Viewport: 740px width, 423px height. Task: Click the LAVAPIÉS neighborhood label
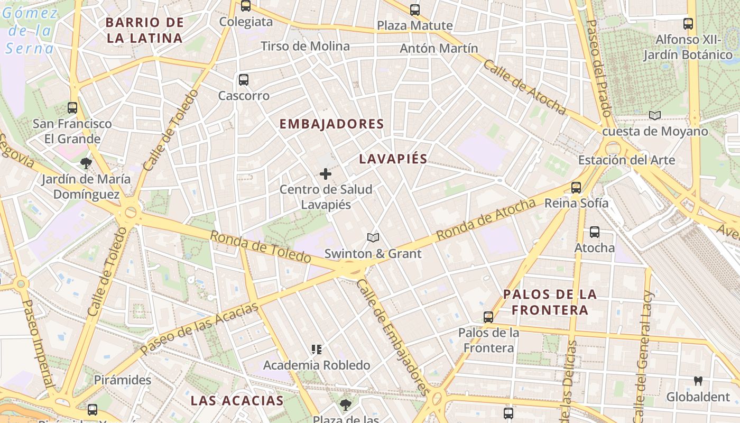[x=393, y=159]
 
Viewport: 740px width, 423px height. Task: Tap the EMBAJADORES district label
[x=331, y=124]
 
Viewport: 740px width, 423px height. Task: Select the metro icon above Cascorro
[x=244, y=80]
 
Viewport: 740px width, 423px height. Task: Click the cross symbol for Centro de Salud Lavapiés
[x=326, y=173]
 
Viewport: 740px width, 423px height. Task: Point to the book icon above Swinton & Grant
[x=373, y=238]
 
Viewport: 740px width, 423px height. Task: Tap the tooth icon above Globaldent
[x=698, y=381]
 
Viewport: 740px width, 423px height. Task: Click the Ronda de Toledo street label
[x=261, y=247]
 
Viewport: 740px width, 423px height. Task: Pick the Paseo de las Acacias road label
[x=200, y=328]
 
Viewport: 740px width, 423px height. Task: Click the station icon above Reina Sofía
[x=576, y=187]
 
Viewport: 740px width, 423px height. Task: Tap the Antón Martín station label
[x=439, y=48]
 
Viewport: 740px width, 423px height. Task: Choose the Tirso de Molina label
[x=305, y=46]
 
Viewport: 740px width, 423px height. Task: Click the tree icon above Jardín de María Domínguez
[x=86, y=163]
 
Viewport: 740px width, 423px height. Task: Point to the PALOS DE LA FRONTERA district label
[x=550, y=302]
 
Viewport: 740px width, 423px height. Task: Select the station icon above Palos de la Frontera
[x=488, y=317]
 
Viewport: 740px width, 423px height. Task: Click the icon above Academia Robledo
[x=317, y=349]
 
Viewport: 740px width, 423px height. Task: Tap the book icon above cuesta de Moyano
[x=655, y=115]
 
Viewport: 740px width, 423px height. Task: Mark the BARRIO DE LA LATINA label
[x=144, y=30]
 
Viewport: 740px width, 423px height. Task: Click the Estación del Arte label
[x=626, y=160]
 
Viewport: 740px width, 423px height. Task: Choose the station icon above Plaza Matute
[x=415, y=10]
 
